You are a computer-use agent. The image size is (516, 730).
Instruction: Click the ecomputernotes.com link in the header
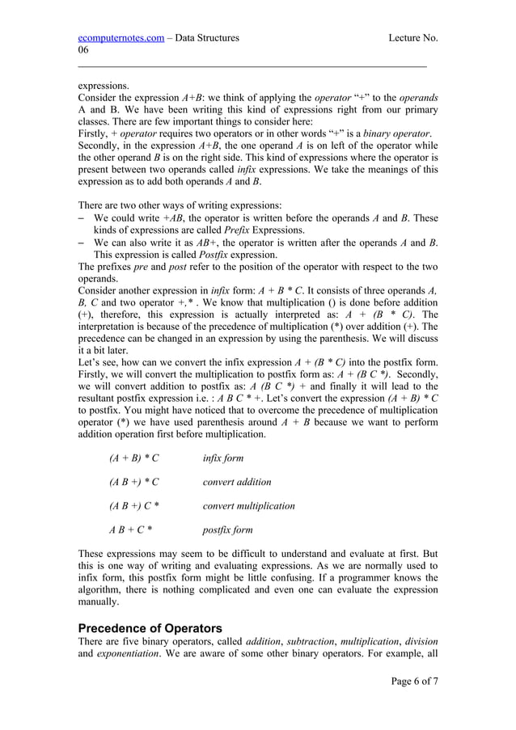[120, 37]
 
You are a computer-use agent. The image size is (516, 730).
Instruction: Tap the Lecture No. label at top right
[412, 37]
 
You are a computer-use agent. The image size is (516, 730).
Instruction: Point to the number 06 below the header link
[83, 50]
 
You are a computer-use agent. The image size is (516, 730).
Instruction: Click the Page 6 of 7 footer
[414, 681]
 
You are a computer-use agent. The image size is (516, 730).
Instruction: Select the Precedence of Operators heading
[150, 628]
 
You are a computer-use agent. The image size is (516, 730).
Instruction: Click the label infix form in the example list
[222, 458]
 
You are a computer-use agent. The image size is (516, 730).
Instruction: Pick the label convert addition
[237, 483]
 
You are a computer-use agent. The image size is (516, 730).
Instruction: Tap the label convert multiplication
[248, 506]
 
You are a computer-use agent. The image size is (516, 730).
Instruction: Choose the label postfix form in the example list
[227, 530]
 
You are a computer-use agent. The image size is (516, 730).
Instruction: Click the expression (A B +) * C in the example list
[134, 483]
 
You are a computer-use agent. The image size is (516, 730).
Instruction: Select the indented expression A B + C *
[130, 530]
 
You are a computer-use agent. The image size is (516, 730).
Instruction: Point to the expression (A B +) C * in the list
[134, 506]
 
